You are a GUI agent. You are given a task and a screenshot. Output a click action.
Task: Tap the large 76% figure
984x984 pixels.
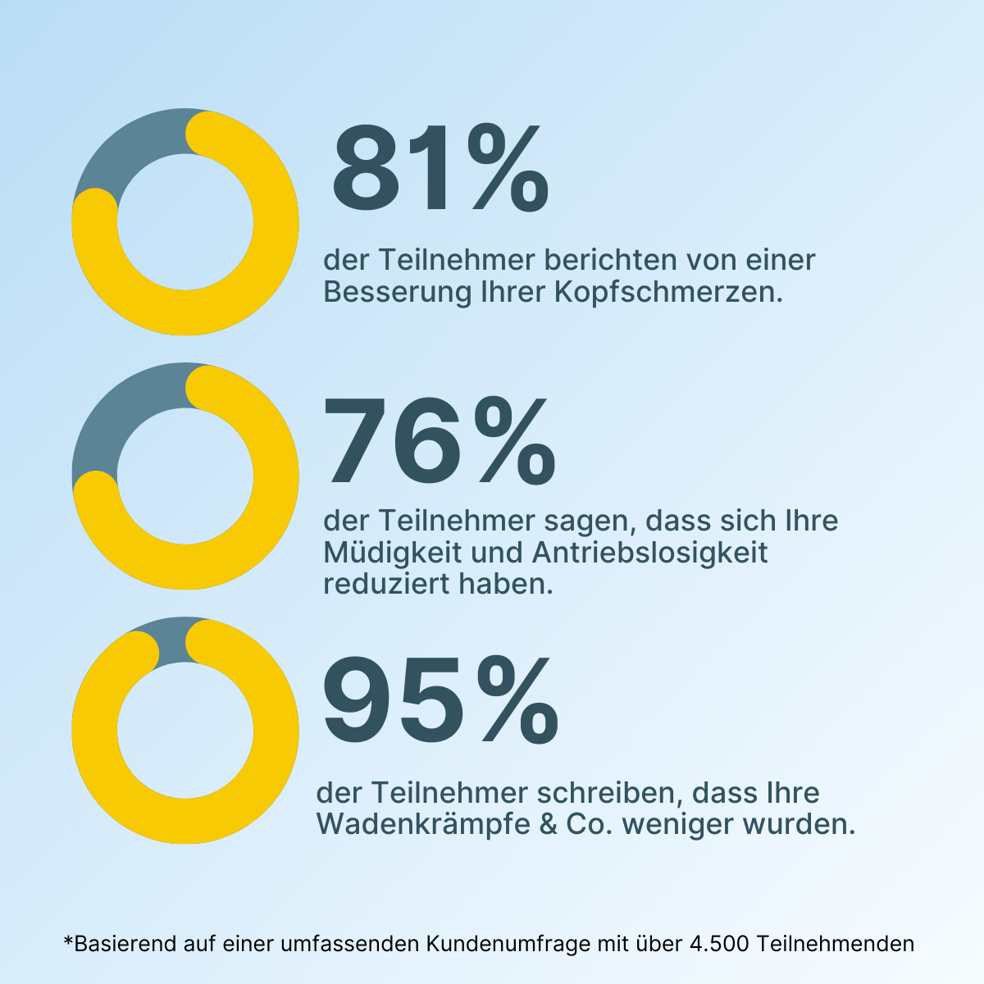point(440,440)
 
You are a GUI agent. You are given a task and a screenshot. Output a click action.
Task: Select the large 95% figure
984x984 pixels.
point(440,702)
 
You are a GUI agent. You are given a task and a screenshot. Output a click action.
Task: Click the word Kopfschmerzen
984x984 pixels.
point(667,292)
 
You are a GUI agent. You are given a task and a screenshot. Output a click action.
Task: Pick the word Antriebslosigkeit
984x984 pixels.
point(650,553)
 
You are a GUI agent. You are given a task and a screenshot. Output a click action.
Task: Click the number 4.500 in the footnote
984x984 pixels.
point(718,944)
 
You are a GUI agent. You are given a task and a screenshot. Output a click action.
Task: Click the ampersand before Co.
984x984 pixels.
point(548,824)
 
